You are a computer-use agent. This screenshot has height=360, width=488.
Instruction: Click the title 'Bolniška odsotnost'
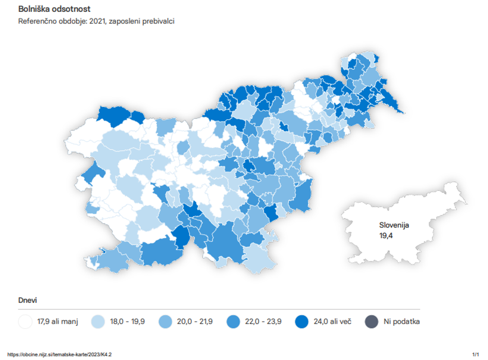55,9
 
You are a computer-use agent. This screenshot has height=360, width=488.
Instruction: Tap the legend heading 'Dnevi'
28,300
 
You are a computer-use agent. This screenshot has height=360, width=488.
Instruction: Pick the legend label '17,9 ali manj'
58,322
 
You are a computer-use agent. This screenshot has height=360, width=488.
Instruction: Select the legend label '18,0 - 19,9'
127,322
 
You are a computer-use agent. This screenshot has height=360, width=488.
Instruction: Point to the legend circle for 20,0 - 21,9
165,322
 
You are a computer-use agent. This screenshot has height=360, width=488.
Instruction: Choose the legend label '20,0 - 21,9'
195,322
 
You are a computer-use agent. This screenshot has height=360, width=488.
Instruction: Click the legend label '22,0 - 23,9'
264,322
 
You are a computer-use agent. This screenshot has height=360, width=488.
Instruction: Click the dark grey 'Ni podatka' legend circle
371,322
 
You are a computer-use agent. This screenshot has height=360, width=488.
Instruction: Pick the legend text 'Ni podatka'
401,322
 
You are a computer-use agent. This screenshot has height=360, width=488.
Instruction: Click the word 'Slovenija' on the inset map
394,226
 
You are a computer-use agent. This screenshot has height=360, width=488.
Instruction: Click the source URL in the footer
60,354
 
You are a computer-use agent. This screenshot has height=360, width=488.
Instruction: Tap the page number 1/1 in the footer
476,354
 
